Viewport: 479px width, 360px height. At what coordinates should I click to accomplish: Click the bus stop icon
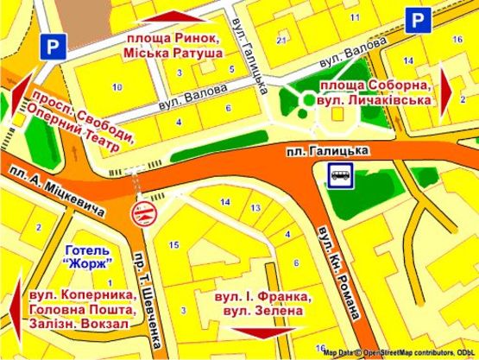click(340, 176)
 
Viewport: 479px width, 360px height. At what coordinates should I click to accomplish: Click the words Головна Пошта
click(82, 308)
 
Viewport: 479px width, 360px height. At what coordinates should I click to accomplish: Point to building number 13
click(255, 209)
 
